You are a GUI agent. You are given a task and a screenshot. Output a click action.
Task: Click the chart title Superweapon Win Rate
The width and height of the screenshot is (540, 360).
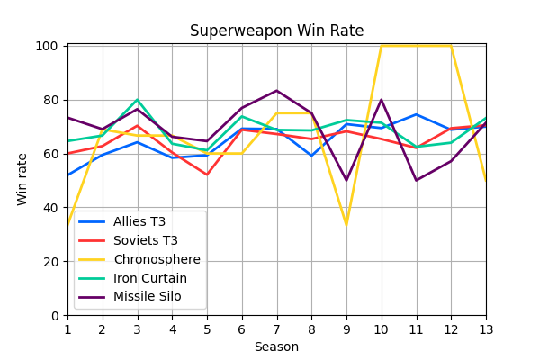tap(276, 31)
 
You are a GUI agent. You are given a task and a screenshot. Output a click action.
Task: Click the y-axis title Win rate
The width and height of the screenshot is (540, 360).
tap(22, 179)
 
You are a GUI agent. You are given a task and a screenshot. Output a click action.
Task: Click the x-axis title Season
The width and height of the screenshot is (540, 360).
tap(276, 346)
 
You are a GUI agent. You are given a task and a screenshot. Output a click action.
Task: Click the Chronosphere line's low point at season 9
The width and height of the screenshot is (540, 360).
tap(346, 225)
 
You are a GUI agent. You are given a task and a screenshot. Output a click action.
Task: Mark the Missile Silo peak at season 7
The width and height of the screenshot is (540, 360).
tap(276, 91)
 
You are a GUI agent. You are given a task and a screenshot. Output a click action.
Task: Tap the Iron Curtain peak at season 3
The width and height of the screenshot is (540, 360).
tap(137, 100)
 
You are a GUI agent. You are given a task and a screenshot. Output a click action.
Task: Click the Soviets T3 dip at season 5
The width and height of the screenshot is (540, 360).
tap(207, 175)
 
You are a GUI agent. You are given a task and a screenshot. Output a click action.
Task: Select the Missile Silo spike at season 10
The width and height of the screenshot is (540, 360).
tap(382, 100)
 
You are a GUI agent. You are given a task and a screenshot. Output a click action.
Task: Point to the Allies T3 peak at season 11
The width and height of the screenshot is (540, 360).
tap(416, 114)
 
